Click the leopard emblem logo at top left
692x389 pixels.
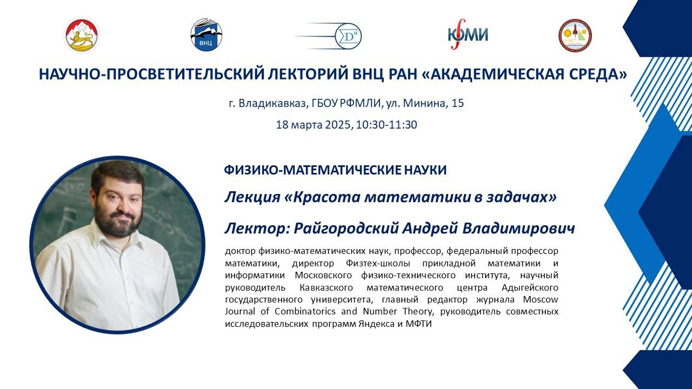tap(82, 35)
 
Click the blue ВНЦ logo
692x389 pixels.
tap(207, 35)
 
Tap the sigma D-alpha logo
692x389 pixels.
tap(347, 36)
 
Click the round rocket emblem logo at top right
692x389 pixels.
tap(575, 35)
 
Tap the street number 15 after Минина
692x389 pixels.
tap(457, 103)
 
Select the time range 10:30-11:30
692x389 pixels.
tap(387, 125)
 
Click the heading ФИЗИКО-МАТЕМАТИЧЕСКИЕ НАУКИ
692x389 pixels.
tap(335, 170)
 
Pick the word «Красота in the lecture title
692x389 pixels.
tap(322, 197)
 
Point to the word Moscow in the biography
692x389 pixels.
tap(542, 299)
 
